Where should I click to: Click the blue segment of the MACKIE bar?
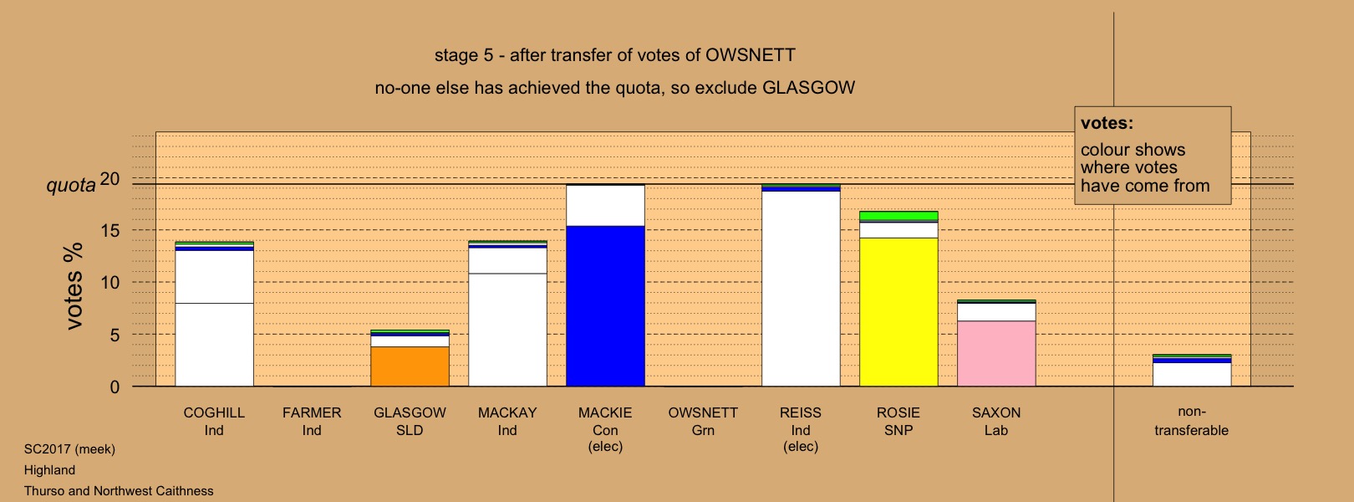pos(605,306)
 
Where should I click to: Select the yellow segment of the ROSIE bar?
pos(898,312)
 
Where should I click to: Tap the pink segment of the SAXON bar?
pos(996,353)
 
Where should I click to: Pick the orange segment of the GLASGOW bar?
pos(410,366)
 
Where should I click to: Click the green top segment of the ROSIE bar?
pos(898,216)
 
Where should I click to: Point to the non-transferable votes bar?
pos(1192,370)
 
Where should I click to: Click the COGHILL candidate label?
pos(214,413)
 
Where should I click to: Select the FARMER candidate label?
pos(312,413)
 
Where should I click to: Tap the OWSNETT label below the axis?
pos(703,413)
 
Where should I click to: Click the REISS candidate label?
pos(801,413)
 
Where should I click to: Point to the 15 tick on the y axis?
pos(109,230)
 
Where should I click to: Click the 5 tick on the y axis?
pos(115,335)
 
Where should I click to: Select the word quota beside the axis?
pos(71,185)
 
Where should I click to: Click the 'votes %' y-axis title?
pos(74,286)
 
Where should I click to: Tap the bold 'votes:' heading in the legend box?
pos(1107,123)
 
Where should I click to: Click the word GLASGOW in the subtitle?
pos(808,88)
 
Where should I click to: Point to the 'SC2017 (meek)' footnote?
pos(69,449)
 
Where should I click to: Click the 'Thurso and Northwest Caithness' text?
pos(119,491)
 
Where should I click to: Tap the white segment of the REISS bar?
pos(801,289)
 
